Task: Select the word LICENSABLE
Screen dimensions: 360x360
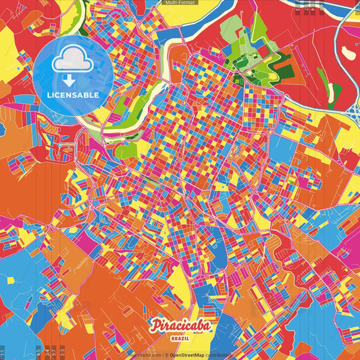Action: (x=72, y=95)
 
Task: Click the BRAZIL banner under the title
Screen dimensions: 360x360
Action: (x=180, y=338)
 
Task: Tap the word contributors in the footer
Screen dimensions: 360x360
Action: (x=219, y=355)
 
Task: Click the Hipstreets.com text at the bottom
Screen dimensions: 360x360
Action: (x=143, y=355)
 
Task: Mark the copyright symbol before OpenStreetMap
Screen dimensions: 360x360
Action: (x=166, y=355)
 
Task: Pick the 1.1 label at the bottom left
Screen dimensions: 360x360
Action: (x=3, y=351)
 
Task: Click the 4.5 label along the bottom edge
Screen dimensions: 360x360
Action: (x=37, y=351)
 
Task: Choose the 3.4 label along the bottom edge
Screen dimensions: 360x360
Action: (x=45, y=351)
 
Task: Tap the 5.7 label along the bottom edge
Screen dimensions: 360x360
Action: (x=53, y=351)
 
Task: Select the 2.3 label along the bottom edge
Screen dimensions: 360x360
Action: (x=62, y=351)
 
